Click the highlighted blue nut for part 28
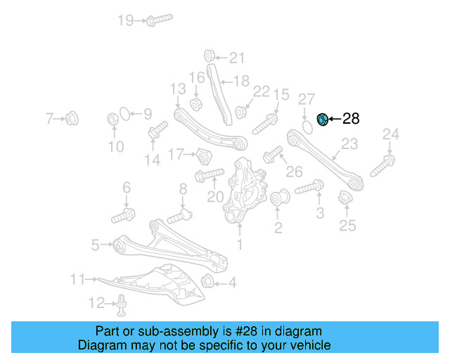[323, 120]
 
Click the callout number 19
[125, 20]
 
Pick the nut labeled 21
[210, 56]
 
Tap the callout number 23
[349, 145]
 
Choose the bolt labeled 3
[309, 188]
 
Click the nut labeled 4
[208, 283]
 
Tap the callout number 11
[77, 280]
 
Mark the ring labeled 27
[307, 127]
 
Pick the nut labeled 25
[345, 198]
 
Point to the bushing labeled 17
[203, 154]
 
